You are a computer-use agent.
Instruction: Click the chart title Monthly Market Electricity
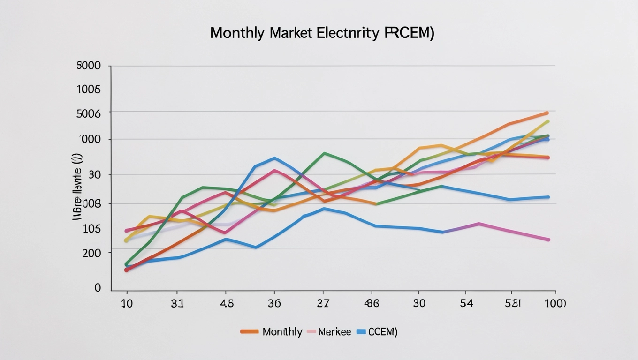322,33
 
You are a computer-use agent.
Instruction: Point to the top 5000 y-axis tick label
89,66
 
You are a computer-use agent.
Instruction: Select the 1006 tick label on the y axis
89,90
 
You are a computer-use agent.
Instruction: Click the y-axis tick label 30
95,174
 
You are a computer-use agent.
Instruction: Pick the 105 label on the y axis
91,229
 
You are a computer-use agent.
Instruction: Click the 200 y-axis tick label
91,253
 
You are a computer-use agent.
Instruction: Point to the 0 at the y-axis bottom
98,287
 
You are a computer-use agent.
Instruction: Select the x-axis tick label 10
127,303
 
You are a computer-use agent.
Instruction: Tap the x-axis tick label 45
226,303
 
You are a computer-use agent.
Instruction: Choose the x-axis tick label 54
467,303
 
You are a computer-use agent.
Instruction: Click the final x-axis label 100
554,303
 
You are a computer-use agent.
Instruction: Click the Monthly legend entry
282,332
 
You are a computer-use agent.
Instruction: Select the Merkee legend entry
334,332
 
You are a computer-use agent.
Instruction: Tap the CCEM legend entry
382,332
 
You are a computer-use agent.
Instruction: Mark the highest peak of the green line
324,153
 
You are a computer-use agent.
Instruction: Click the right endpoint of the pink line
548,240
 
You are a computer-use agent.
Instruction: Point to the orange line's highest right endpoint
547,113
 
